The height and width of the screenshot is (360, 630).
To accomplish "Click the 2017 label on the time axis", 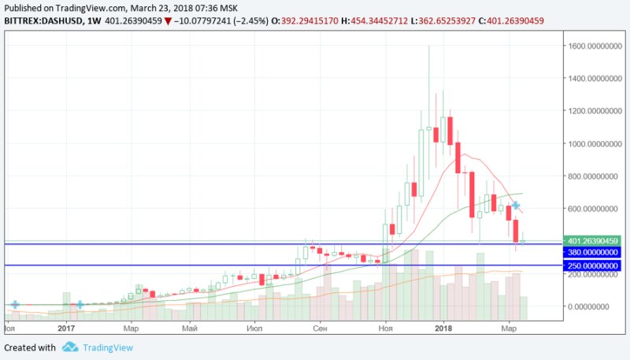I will [x=66, y=327].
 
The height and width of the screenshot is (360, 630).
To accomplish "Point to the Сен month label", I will [x=320, y=327].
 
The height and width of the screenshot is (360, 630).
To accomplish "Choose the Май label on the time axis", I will [x=189, y=327].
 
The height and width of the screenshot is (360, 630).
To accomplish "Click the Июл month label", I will [x=254, y=327].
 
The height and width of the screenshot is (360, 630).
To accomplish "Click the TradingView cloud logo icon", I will [x=69, y=347].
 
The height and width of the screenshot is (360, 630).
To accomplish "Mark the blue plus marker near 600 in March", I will [x=516, y=206].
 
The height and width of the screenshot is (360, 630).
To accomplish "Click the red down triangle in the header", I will [x=166, y=20].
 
